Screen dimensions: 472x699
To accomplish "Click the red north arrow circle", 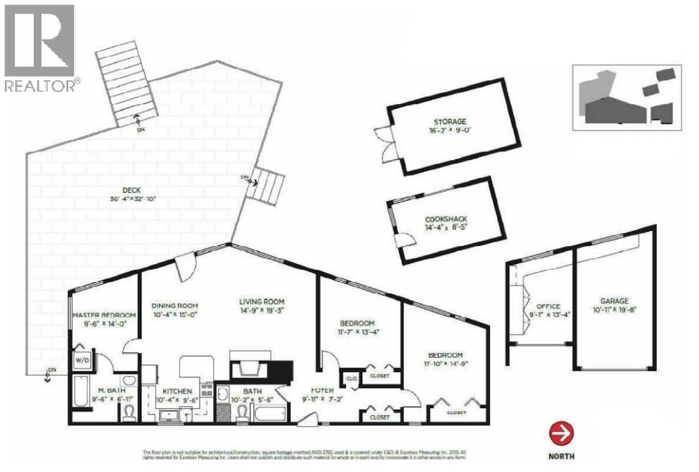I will pos(561,434).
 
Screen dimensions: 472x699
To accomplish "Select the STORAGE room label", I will pos(449,122).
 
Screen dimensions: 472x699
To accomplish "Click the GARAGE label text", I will pos(614,301).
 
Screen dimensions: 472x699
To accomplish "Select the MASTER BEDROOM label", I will pos(103,315).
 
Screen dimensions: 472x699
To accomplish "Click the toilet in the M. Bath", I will pos(131,412).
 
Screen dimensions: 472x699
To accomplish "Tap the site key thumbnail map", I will pos(624,98).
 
